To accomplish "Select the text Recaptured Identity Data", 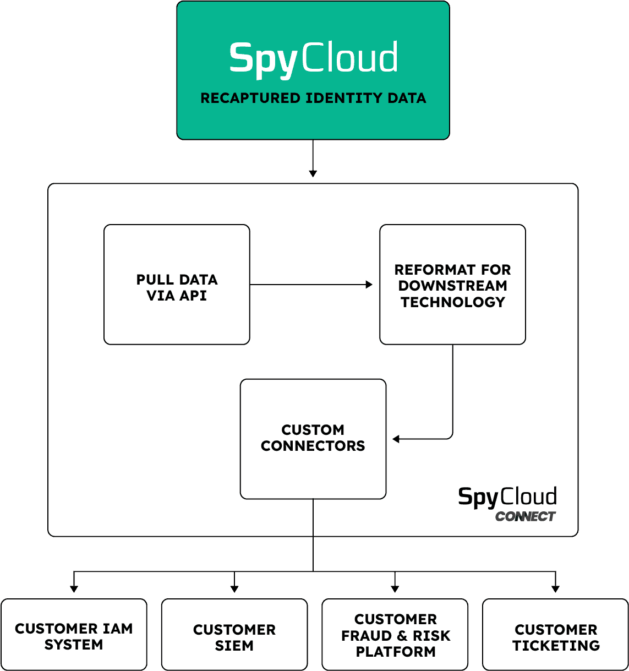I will tap(313, 99).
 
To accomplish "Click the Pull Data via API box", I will tap(177, 285).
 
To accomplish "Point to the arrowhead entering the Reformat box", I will tap(369, 285).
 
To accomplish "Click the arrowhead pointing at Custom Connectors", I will tap(396, 439).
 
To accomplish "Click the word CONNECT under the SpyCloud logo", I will tap(525, 516).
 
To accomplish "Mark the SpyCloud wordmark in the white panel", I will tap(507, 497).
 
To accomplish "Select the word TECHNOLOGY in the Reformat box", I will tap(452, 302).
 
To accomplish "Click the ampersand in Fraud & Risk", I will tap(402, 636).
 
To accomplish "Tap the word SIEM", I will tap(234, 646).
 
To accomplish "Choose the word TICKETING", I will tap(556, 646).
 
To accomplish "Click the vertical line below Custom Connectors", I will tap(313, 517).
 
